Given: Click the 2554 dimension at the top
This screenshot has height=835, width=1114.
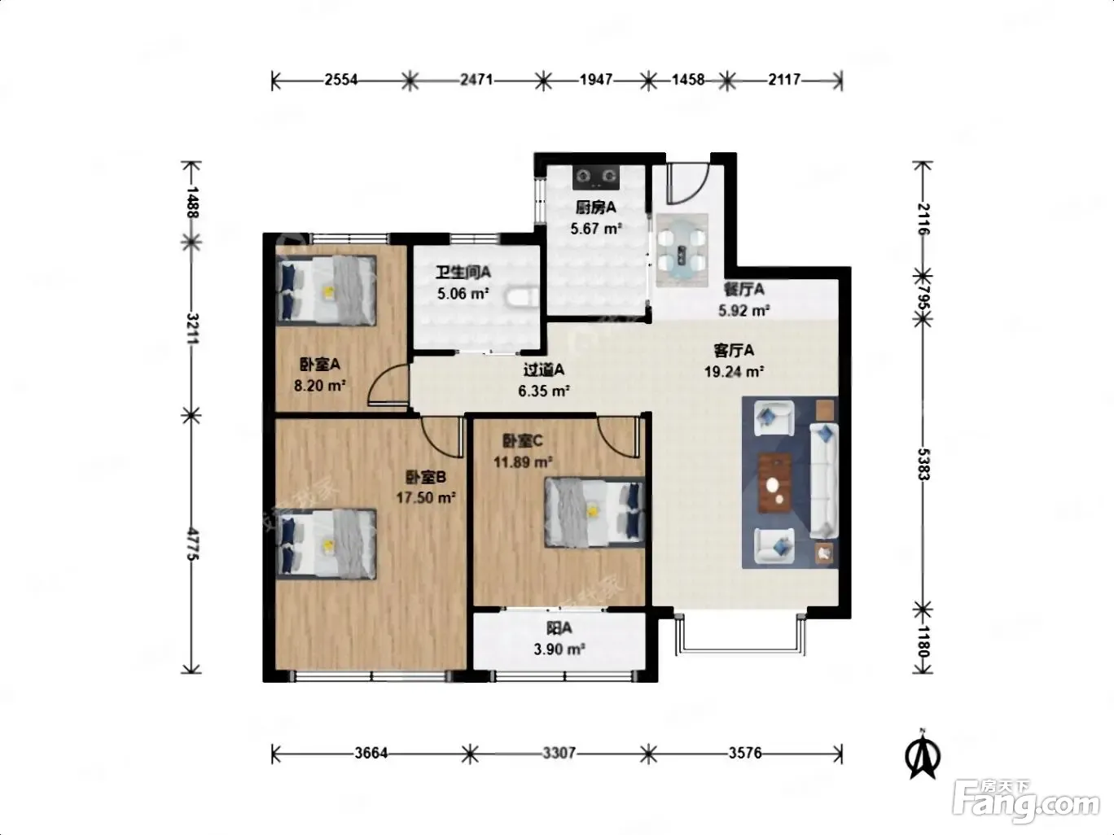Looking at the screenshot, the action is tap(341, 80).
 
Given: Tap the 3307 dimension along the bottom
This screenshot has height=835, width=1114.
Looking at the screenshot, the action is tap(559, 753).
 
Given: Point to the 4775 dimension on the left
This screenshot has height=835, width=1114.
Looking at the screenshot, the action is tap(192, 544).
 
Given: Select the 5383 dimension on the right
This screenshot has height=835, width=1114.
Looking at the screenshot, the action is tap(923, 465).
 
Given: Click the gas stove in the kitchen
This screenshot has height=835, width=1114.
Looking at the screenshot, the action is tap(595, 177).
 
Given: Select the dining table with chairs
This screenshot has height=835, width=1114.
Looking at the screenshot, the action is tap(682, 250).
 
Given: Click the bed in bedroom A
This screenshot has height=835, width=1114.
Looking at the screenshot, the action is tap(326, 290).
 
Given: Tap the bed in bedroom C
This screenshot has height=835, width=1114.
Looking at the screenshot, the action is tap(594, 512).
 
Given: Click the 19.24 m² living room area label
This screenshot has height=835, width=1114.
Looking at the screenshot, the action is tap(734, 372).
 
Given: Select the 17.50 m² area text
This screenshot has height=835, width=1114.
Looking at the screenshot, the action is tap(425, 497).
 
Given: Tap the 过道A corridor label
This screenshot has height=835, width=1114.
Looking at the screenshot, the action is tap(543, 370).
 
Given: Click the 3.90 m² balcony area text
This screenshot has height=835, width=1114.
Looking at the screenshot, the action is tap(559, 649).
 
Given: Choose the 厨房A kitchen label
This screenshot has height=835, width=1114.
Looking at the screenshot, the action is tap(596, 207).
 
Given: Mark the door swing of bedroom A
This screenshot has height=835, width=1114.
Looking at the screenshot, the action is tap(388, 384).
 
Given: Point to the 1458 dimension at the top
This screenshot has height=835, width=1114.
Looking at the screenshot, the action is tap(687, 80).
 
